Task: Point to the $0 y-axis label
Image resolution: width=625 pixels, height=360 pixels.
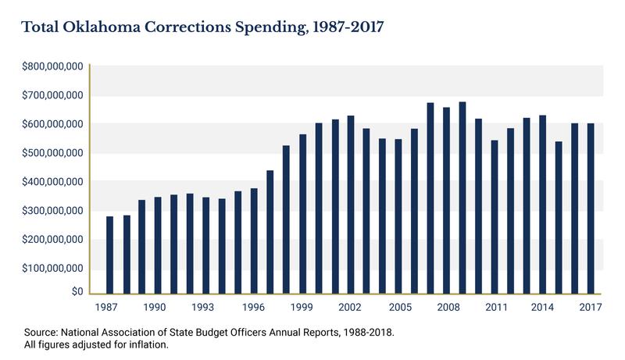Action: [x=77, y=292]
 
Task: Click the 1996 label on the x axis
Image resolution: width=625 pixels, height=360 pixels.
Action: [x=254, y=308]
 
